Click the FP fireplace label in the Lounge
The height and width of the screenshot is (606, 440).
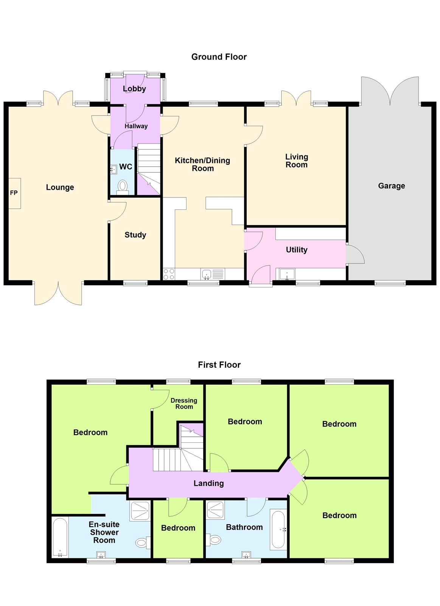(x=14, y=193)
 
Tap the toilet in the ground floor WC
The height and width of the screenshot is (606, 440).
(x=123, y=187)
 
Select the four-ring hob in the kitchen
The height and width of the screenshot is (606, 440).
(x=169, y=274)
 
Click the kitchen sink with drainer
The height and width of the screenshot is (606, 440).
(x=212, y=274)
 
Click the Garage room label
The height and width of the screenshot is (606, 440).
(x=391, y=186)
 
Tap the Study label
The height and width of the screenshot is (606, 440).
(x=135, y=235)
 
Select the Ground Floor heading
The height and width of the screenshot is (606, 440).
(x=219, y=57)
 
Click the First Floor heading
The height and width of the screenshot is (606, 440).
(x=219, y=365)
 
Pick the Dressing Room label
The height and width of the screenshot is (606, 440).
(x=184, y=403)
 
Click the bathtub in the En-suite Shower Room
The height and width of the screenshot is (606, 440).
(x=60, y=537)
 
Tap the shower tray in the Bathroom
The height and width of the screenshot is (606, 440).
(x=215, y=510)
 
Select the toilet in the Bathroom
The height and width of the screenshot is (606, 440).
(x=213, y=540)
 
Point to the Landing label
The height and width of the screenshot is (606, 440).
(x=208, y=483)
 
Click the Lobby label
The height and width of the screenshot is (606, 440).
(x=134, y=89)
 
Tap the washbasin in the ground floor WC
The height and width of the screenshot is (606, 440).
(x=113, y=170)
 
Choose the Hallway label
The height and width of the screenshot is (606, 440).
(x=136, y=126)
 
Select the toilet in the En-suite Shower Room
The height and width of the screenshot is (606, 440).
(x=143, y=542)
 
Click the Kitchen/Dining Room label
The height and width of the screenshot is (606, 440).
(x=202, y=164)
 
